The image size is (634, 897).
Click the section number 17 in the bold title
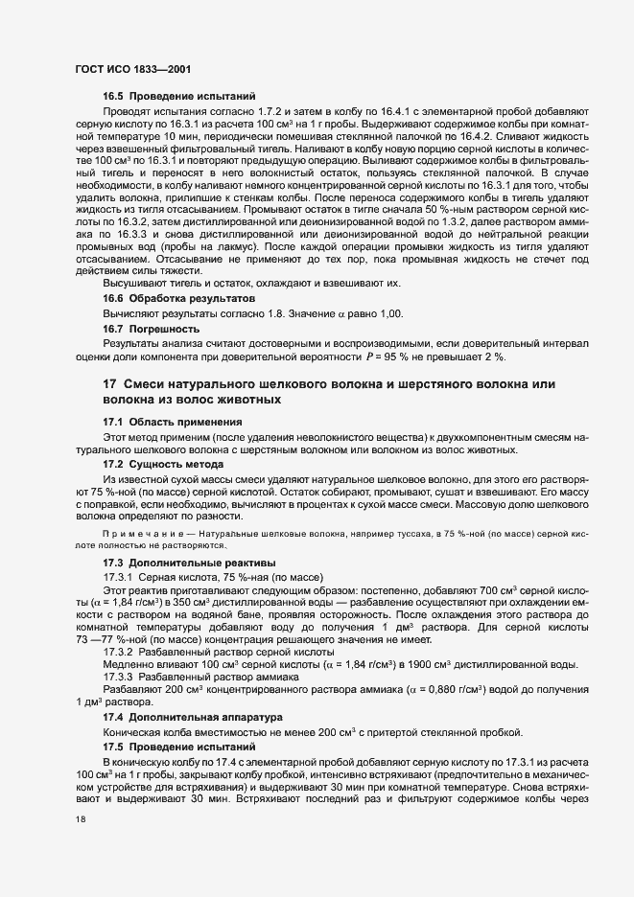109,384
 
